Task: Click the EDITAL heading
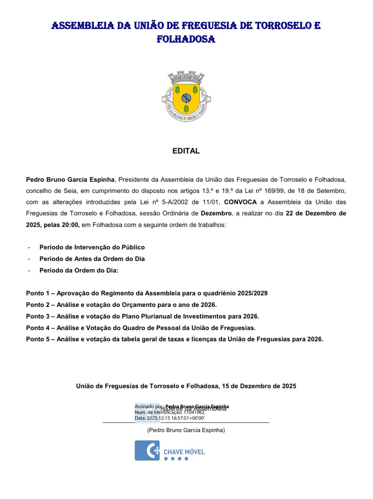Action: pos(186,151)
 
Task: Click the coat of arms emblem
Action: pos(186,97)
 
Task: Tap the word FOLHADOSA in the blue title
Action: pos(186,39)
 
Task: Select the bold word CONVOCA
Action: pos(240,202)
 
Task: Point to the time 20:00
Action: pos(70,225)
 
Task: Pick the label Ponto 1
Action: pos(37,293)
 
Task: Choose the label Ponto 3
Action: pos(37,316)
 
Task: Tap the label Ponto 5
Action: pos(37,339)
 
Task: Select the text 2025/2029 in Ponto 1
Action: pos(252,293)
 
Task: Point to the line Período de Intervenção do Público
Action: pos(92,247)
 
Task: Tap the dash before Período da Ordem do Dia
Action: pos(29,270)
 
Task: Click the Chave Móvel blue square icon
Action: pos(147,450)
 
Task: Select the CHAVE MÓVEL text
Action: pos(184,452)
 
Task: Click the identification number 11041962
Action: pos(194,412)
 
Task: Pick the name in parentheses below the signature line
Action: pos(186,430)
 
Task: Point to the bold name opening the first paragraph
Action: pos(70,180)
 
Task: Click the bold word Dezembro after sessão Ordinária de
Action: pos(216,214)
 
